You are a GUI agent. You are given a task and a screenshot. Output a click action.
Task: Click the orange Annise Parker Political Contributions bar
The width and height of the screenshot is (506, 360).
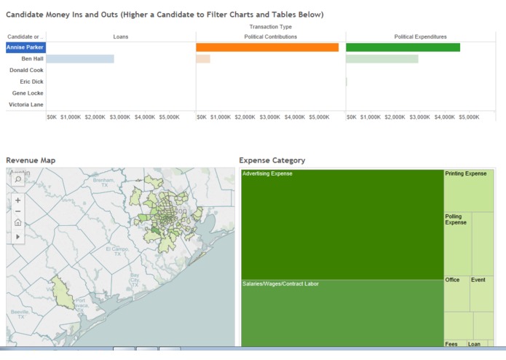pos(266,47)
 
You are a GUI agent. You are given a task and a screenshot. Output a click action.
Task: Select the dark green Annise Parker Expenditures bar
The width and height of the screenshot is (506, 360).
pos(403,47)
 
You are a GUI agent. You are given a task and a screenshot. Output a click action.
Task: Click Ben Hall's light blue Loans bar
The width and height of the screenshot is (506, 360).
pos(80,59)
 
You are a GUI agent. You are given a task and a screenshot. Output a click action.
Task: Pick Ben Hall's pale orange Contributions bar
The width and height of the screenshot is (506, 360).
pos(203,59)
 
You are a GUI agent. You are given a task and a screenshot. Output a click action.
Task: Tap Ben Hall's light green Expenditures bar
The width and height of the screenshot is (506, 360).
pos(382,59)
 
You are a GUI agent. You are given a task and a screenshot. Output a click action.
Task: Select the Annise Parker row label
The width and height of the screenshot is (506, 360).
pos(25,47)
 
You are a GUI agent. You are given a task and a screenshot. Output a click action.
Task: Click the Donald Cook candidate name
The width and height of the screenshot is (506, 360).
pos(26,71)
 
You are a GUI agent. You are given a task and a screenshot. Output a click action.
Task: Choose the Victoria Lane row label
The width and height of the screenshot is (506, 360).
pos(26,105)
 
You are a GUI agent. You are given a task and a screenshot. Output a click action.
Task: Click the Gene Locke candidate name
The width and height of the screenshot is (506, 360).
pos(28,93)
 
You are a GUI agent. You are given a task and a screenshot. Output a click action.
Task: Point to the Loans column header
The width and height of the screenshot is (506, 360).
pos(120,36)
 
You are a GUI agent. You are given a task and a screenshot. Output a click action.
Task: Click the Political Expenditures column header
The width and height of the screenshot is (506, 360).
pos(420,36)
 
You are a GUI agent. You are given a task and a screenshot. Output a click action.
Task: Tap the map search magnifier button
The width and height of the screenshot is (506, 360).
pos(17,179)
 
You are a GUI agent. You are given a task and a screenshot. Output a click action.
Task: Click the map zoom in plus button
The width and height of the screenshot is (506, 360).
pos(17,200)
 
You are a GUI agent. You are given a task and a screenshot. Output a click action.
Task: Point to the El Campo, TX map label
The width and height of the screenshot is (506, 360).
pos(117,251)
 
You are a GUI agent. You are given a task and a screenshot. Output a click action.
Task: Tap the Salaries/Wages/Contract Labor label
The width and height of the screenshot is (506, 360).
pos(280,283)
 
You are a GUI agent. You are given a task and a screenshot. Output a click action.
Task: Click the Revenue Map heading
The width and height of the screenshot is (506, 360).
pos(31,160)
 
